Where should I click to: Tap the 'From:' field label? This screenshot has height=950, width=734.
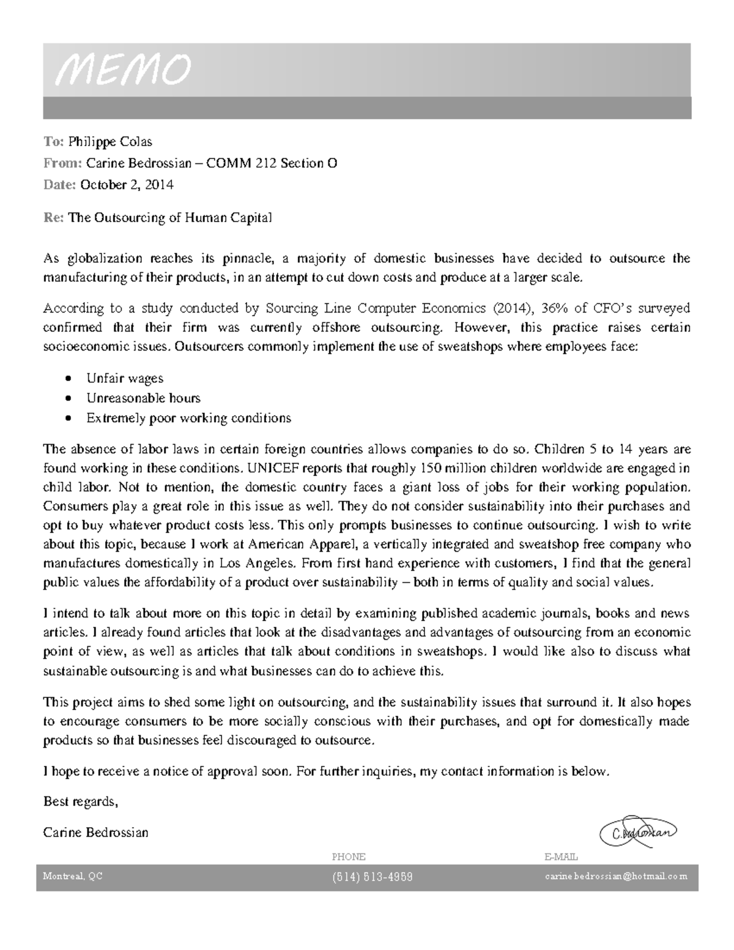[62, 163]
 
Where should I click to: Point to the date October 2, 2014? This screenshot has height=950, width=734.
[127, 185]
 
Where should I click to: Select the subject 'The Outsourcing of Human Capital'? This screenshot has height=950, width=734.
[169, 218]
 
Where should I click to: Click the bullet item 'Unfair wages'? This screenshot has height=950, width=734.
[125, 379]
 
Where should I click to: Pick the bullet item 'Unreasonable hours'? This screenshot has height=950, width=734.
[143, 398]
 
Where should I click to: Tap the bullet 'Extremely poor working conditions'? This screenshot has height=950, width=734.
[188, 418]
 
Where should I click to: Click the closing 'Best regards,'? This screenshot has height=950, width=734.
[80, 801]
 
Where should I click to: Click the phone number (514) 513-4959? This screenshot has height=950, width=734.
[373, 877]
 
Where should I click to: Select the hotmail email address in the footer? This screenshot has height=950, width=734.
[616, 877]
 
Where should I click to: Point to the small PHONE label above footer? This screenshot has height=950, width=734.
[348, 857]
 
